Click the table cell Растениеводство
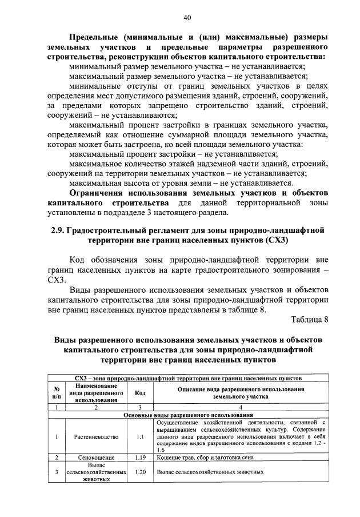point(88,436)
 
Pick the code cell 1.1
point(139,436)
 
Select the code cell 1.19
point(139,458)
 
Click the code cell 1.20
point(139,472)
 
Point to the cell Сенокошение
point(88,458)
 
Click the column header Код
point(139,393)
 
